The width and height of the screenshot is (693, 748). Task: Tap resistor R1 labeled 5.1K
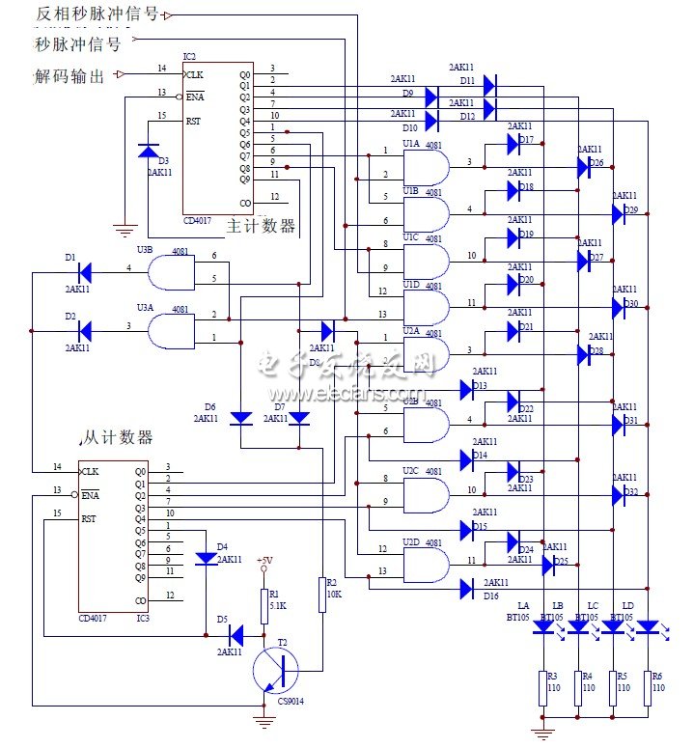(263, 605)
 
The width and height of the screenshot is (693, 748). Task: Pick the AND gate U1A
(428, 168)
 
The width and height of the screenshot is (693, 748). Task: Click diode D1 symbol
(84, 272)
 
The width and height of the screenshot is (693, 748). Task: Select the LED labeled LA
(544, 626)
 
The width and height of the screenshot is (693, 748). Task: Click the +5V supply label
(264, 561)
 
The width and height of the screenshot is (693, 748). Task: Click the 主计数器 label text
(261, 227)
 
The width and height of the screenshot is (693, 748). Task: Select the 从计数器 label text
(118, 438)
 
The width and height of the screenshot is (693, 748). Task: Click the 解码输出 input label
(69, 75)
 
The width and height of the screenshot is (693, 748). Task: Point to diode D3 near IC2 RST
(148, 152)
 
